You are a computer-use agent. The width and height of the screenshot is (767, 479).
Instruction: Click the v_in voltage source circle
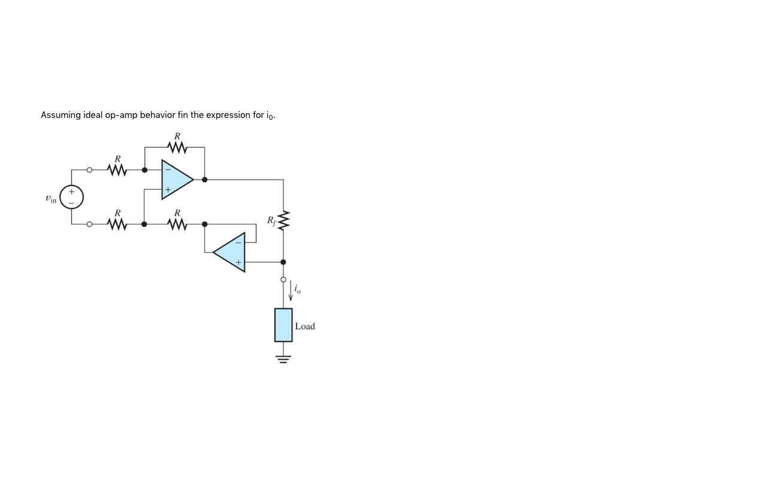coord(71,197)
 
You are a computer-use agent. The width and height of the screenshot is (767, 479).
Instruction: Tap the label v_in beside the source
coord(51,199)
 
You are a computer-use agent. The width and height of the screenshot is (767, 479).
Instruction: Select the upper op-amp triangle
coord(176,179)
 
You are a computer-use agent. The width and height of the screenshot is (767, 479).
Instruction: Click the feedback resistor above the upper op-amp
coord(177,147)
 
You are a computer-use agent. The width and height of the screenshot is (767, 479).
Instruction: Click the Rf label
coord(271,221)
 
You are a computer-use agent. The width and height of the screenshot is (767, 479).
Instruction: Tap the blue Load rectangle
coord(283,325)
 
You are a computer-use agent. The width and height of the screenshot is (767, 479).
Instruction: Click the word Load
coord(305,326)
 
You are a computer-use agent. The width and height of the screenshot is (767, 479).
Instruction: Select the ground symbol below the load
coord(283,359)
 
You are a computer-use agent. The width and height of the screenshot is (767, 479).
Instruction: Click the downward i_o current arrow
coord(291,291)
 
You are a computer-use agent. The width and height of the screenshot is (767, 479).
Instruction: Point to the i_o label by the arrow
coord(298,290)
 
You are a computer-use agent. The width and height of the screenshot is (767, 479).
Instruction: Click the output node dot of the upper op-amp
coord(205,179)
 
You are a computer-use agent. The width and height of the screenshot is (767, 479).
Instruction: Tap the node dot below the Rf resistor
coord(283,262)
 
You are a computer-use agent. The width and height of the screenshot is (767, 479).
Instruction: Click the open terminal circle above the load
coord(283,280)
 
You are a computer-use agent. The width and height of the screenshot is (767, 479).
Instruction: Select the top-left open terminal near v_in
coord(89,170)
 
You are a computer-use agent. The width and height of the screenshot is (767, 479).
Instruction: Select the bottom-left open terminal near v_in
coord(89,225)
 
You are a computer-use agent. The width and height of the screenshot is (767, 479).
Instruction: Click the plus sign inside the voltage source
coord(71,192)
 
